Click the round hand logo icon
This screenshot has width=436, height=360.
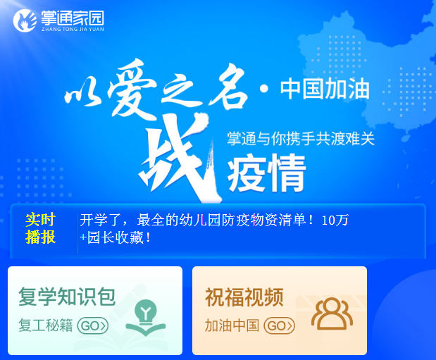pyautogui.click(x=25, y=20)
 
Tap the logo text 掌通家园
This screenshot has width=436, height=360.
pyautogui.click(x=73, y=18)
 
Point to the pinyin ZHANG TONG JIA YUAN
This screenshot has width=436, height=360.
pyautogui.click(x=73, y=29)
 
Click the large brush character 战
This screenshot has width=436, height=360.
pyautogui.click(x=178, y=157)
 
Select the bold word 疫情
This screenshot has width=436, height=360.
pyautogui.click(x=267, y=173)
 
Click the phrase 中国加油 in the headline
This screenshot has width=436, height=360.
pyautogui.click(x=325, y=89)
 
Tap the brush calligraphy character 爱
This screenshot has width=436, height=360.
pyautogui.click(x=131, y=89)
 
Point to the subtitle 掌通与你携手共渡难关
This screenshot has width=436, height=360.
pyautogui.click(x=301, y=138)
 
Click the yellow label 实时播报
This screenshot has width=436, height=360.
pyautogui.click(x=41, y=229)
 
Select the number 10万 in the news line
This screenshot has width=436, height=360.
pyautogui.click(x=335, y=221)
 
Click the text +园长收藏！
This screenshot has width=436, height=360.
pyautogui.click(x=116, y=238)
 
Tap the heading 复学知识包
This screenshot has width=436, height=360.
pyautogui.click(x=67, y=297)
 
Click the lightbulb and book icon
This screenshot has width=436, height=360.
pyautogui.click(x=145, y=317)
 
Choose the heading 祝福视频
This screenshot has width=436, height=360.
pyautogui.click(x=244, y=297)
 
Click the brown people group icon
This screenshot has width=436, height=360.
pyautogui.click(x=332, y=314)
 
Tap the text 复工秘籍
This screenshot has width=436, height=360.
pyautogui.click(x=46, y=325)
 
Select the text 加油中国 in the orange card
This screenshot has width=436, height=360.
pyautogui.click(x=232, y=325)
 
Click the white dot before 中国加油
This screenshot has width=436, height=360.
pyautogui.click(x=264, y=89)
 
